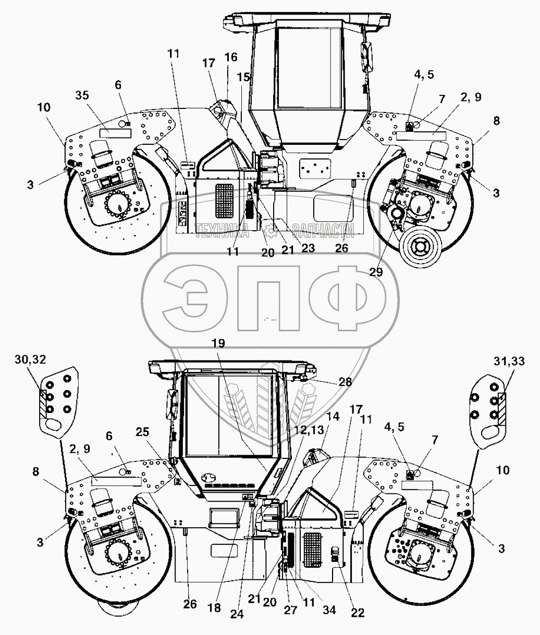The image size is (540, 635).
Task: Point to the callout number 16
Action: coord(230,57)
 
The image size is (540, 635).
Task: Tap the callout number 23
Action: coord(308,248)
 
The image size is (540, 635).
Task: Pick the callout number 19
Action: coord(219,343)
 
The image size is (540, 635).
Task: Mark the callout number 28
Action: coord(345,382)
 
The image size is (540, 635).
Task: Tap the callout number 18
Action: coord(214,608)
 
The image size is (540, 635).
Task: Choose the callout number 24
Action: coord(237,614)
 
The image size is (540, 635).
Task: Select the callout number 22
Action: coord(358,613)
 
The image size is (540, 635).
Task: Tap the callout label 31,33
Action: coord(508,360)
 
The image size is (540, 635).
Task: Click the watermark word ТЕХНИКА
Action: coord(222,229)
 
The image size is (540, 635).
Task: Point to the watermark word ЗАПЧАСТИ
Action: coord(323,229)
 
